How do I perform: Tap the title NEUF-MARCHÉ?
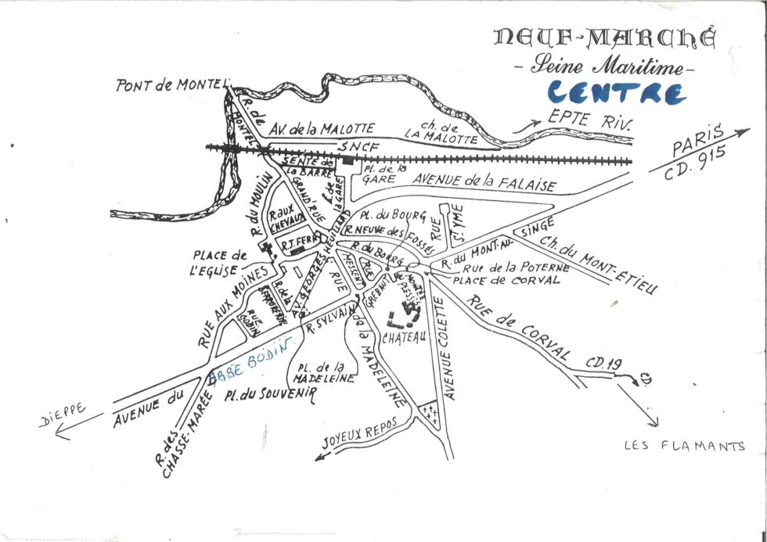pos(604,38)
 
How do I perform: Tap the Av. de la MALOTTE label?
pos(322,127)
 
